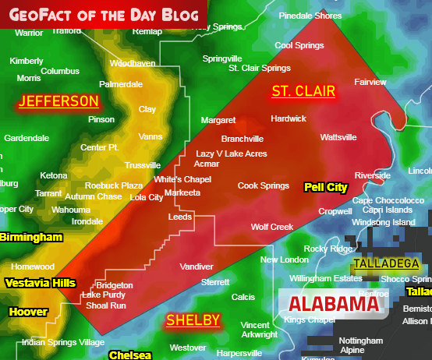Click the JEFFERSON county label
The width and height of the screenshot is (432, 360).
59,101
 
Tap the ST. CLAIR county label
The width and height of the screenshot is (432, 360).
303,91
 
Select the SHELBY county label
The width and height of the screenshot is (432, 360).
193,320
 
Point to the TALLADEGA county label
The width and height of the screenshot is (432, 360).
386,263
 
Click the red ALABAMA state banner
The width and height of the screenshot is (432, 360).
333,304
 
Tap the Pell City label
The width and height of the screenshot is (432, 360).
325,187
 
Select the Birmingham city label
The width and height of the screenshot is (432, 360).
31,237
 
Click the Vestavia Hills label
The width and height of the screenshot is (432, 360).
40,284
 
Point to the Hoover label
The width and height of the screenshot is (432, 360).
28,312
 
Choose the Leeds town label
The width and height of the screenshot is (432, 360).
180,217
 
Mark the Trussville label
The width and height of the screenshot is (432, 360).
143,165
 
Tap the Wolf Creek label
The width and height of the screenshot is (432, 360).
271,227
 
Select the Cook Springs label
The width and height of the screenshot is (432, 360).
264,185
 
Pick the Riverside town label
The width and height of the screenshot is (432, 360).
372,176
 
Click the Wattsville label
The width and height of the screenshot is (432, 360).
338,137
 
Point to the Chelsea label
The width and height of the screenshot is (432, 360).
125,355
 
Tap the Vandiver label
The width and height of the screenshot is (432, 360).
197,266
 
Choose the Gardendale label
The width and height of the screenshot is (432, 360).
27,138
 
